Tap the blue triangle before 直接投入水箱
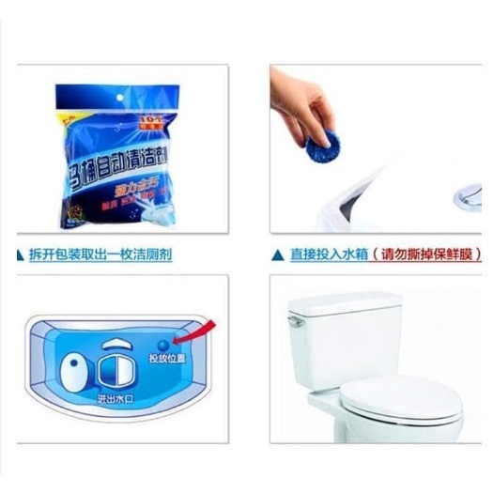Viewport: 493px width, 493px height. [x=277, y=254]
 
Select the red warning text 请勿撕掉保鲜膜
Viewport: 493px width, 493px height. [x=424, y=254]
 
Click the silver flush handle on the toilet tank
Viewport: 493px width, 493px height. [x=297, y=320]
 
